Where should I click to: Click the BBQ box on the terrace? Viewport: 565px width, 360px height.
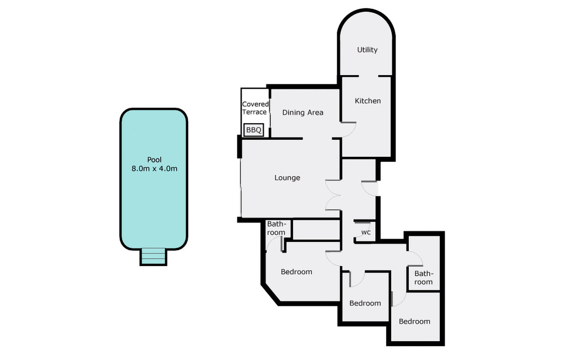pos(254,130)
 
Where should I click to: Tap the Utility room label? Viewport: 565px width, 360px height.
pos(367,50)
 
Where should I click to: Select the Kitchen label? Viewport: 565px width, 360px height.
pos(367,101)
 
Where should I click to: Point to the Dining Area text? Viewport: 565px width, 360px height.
pos(303,113)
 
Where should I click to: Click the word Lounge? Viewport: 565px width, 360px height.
pos(287,178)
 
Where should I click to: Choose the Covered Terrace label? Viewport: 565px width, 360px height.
pos(255,108)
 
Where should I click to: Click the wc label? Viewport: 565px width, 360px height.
pos(366,232)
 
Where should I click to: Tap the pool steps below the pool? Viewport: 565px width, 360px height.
pos(153,257)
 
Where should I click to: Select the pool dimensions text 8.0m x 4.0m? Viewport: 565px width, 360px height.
pos(154,168)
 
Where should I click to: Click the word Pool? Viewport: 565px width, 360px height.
pos(154,160)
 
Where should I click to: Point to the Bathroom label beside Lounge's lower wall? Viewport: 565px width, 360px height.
pos(276,229)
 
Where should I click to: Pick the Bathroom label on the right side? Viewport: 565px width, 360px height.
pos(423,278)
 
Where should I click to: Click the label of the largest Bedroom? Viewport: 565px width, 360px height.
pos(296,272)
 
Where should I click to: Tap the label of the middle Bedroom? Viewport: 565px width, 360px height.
pos(365,303)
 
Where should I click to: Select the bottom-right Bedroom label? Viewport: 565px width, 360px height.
pos(414,321)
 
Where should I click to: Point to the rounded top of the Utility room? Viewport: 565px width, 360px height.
pos(366,11)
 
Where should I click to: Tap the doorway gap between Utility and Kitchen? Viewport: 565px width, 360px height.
pos(368,76)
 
